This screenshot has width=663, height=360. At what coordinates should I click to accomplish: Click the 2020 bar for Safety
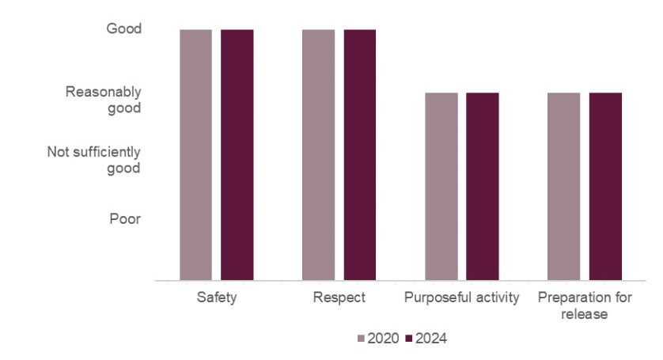coord(195,154)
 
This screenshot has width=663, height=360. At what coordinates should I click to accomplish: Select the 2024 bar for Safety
coord(237,154)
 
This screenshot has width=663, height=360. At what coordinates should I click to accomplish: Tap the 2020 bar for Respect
coord(318,154)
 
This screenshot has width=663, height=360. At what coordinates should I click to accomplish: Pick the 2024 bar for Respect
coord(359,154)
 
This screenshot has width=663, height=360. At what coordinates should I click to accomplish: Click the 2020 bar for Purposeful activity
coord(441,186)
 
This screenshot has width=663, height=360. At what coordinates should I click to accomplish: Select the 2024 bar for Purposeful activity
coord(482,186)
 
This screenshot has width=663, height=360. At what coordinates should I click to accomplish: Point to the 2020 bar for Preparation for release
coord(564,186)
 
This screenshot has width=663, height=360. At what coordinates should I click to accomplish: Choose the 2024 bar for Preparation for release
coord(605,186)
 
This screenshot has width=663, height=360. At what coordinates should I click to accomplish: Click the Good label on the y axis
coord(123,29)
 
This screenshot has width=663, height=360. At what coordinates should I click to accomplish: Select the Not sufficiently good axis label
coord(93,160)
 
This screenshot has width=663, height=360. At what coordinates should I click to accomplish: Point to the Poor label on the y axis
coord(125,218)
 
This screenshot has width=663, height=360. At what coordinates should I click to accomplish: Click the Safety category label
coord(216,298)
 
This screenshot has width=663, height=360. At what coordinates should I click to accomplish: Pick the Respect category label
coord(339,298)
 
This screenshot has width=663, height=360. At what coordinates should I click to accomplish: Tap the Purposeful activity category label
coord(461,298)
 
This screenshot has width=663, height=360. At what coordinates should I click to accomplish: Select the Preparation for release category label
coord(584,305)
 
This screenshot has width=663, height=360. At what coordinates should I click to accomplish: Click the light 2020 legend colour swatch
coord(362,339)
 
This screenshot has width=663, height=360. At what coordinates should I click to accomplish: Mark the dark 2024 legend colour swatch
coord(410,339)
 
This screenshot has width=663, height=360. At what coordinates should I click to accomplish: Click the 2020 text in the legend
coord(383,339)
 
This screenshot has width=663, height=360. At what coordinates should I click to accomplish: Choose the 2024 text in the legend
coord(431,339)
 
